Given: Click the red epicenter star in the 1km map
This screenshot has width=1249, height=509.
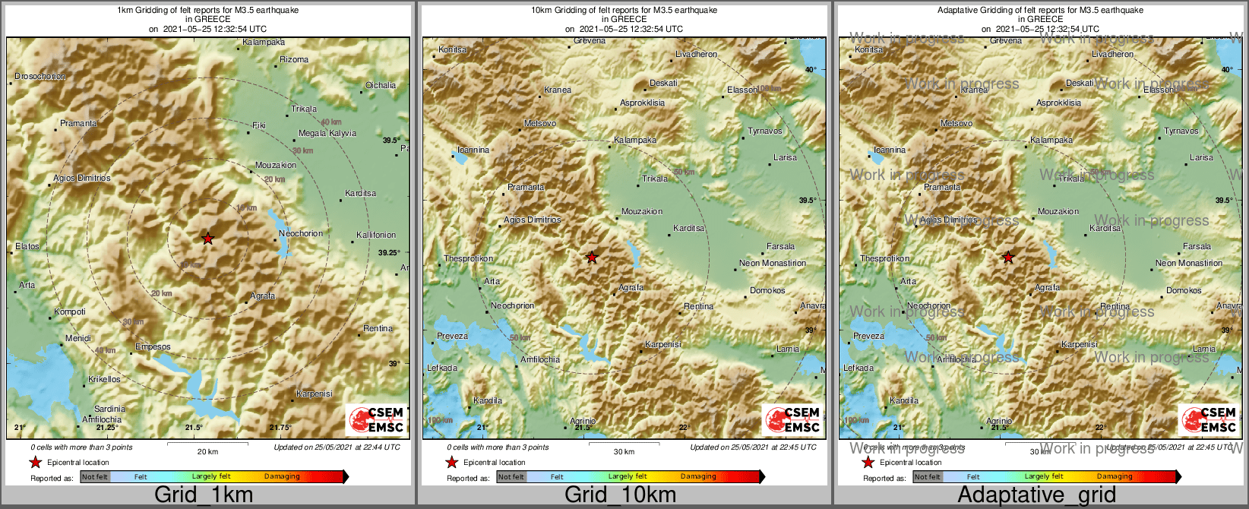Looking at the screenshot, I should pos(207,239).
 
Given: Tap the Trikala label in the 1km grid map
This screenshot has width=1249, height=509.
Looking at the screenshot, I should pos(304,109).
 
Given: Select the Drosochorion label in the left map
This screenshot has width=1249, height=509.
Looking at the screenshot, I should pos(40,76).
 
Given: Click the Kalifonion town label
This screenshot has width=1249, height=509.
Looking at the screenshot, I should pos(376,235).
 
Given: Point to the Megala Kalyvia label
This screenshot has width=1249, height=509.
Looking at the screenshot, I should pos(327,133).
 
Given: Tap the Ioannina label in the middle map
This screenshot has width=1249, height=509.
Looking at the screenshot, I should pos(473,150).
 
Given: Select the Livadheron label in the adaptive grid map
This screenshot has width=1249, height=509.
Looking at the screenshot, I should pos(1113,54).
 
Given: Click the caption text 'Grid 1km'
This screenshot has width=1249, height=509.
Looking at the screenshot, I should pos(203,495).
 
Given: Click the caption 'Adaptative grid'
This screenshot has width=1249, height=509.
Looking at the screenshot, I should pos(1036,495).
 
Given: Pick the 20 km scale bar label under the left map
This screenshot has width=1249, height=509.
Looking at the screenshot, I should pos(207,451).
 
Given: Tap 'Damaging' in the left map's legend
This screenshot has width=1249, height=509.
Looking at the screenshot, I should pos(282,476).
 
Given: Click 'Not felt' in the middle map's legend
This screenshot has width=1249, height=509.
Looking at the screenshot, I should pos(511,477).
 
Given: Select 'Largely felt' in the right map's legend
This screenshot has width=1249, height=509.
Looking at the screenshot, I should pos(1044,476).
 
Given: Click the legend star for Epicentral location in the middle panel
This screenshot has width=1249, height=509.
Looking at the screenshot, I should pos(451,462).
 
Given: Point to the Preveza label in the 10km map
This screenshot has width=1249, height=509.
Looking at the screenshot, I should pos(452,336).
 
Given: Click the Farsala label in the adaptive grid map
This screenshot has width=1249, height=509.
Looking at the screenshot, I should pos(1197,246).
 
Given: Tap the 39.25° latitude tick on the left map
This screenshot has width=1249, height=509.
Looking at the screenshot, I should pos(389,252).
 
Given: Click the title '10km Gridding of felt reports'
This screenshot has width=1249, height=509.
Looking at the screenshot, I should pos(624,11).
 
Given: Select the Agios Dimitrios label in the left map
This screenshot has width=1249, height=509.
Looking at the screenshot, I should pos(82,178).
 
